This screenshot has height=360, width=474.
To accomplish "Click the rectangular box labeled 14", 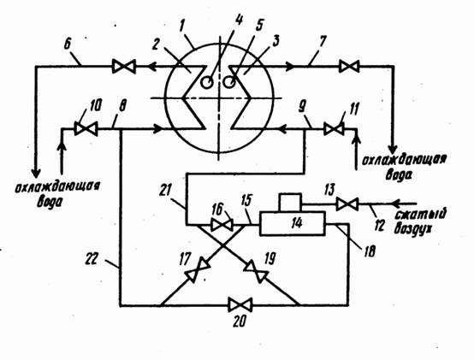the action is click(292, 223).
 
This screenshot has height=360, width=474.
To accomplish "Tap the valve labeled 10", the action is click(86, 129).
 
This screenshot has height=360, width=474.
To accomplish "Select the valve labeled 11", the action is click(334, 129).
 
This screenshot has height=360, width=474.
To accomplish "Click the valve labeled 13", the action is click(347, 204).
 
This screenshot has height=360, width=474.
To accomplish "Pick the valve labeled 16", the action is click(222, 225).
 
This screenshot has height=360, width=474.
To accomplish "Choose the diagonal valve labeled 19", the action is click(256, 270).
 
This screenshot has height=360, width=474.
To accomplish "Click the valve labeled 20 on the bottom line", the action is click(240, 304).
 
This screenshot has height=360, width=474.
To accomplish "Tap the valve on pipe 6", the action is click(124, 66).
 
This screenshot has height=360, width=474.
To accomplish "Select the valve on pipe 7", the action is click(349, 66).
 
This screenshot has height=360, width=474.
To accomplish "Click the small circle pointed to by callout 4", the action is click(207, 82).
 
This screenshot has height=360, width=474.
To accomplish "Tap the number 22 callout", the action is click(91, 259).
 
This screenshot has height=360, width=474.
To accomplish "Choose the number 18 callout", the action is click(369, 251).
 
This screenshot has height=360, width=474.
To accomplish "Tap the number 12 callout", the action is click(378, 225).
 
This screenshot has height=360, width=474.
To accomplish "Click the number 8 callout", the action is click(122, 106).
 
